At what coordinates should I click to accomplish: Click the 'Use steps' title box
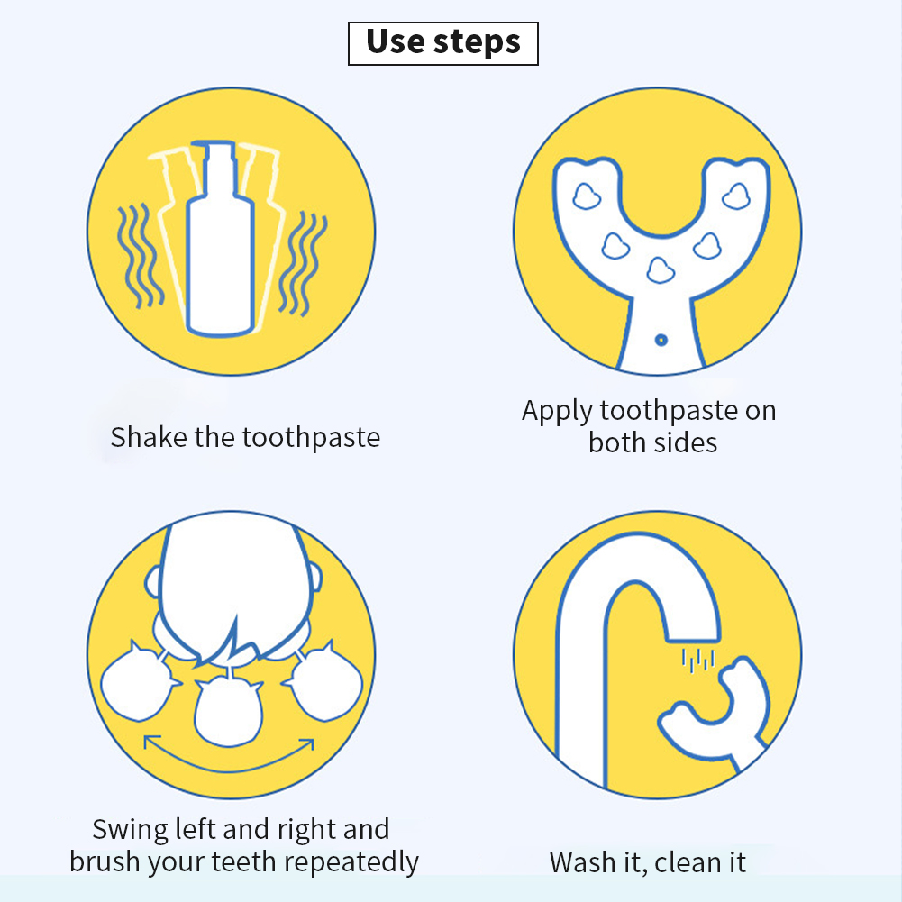pos(443,43)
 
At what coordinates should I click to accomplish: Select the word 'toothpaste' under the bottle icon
pos(311,438)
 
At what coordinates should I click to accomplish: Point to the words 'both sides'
pos(653,442)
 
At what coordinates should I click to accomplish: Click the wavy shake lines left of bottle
pos(140,255)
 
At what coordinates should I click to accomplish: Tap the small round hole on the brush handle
pos(661,340)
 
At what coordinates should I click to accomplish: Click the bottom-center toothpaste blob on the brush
pos(661,271)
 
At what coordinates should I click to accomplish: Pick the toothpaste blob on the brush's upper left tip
pos(587,196)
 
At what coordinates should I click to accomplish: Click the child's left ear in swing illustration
pos(152,582)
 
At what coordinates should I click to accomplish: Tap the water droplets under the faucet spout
pos(697,660)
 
